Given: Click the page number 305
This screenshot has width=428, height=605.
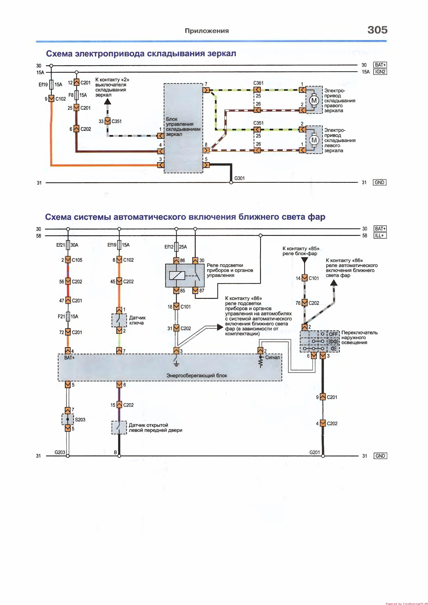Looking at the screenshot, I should [x=377, y=30].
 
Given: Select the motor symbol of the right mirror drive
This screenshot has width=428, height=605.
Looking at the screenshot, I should [x=314, y=101].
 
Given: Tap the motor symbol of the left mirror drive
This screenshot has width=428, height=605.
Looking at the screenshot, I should [x=314, y=140].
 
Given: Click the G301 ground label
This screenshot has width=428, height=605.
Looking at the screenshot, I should [x=239, y=178].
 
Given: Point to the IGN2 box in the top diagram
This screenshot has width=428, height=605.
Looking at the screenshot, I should [x=380, y=72].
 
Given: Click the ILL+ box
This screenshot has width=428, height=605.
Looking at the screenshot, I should [x=380, y=236].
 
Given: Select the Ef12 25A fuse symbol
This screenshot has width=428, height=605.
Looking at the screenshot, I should [x=177, y=247].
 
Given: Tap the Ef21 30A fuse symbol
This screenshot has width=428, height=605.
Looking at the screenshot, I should [x=68, y=245].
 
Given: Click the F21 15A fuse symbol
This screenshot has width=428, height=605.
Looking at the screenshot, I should [x=68, y=316].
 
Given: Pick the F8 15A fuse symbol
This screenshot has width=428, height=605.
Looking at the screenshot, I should [x=76, y=95].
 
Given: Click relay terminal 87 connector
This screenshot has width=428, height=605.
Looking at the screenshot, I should [x=195, y=291].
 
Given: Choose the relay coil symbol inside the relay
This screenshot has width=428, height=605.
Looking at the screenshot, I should [x=177, y=275].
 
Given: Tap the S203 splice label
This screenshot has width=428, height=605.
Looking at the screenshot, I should [x=80, y=420].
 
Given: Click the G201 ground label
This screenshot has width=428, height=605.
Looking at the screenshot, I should [x=314, y=452].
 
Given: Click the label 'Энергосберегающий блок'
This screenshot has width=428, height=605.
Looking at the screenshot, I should [x=196, y=376].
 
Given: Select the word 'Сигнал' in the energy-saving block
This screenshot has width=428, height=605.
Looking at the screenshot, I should [x=272, y=357].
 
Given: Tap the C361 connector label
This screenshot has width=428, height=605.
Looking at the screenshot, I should [x=258, y=83].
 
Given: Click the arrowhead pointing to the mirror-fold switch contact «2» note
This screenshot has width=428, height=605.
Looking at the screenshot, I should [x=108, y=101].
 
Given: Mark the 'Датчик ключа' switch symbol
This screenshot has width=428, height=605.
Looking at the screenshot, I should [x=119, y=320].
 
